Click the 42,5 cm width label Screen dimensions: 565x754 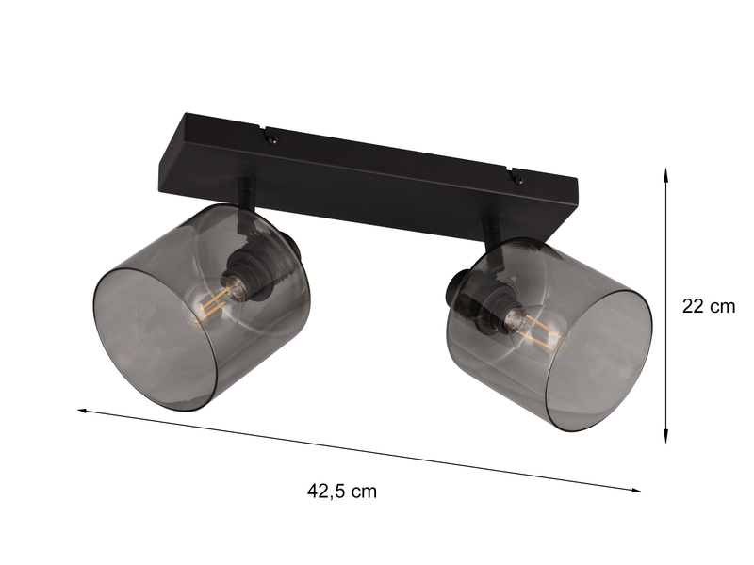click(341, 491)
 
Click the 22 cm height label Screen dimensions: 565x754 click(708, 306)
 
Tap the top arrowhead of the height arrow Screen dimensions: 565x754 click(666, 174)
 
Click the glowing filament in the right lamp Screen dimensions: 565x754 click(540, 332)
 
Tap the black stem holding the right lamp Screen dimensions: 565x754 click(490, 230)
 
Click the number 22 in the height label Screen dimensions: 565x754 click(694, 306)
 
